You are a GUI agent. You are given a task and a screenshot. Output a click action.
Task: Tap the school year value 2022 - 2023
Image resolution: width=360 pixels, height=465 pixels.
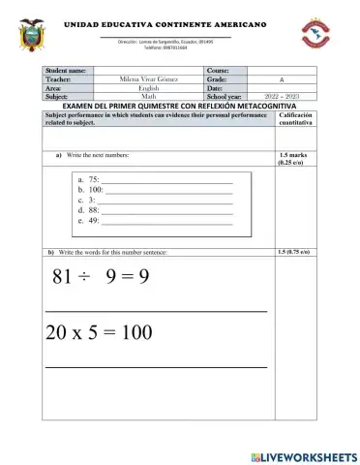coord(281,97)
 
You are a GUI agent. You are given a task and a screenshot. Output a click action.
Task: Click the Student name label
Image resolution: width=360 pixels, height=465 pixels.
coord(67,71)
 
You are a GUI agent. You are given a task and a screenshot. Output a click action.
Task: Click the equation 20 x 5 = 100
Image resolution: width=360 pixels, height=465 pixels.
coord(99,332)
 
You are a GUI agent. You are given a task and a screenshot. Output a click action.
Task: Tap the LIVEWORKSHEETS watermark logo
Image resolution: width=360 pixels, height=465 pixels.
coord(303,456)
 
